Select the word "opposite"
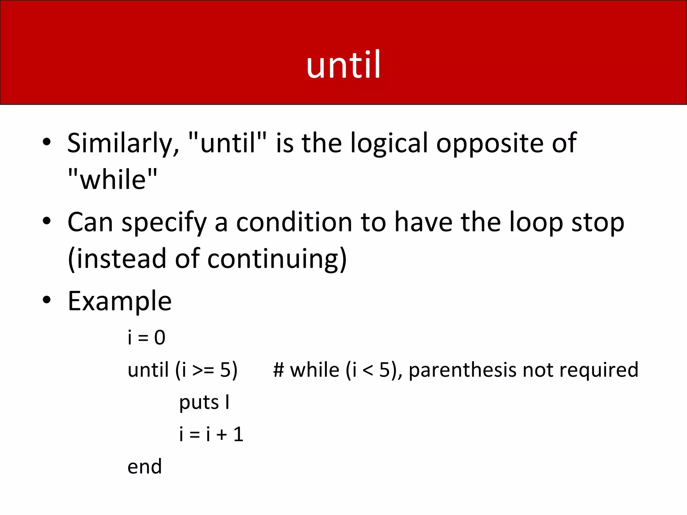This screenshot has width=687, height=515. pyautogui.click(x=490, y=144)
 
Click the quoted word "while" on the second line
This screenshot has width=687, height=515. pyautogui.click(x=112, y=179)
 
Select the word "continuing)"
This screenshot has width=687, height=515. pyautogui.click(x=277, y=259)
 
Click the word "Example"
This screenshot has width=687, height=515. pyautogui.click(x=120, y=301)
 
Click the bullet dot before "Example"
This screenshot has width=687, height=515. pyautogui.click(x=47, y=300)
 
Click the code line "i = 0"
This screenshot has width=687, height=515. pyautogui.click(x=147, y=337)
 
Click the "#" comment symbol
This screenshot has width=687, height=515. pyautogui.click(x=279, y=370)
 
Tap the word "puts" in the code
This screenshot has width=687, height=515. pyautogui.click(x=199, y=402)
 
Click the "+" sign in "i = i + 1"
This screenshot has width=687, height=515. pyautogui.click(x=222, y=435)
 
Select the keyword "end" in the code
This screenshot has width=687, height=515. pyautogui.click(x=145, y=467)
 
